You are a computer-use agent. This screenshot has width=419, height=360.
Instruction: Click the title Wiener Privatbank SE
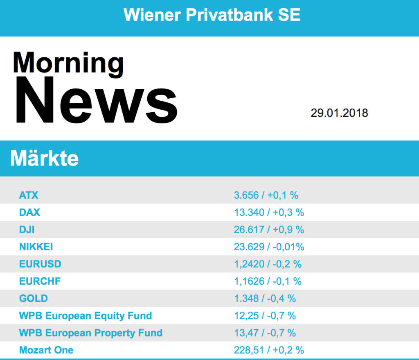[212, 15]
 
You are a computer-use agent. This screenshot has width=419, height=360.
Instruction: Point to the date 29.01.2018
[339, 113]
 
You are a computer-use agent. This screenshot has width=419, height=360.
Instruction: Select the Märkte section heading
[44, 158]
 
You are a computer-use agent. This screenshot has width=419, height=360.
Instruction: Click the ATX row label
[29, 195]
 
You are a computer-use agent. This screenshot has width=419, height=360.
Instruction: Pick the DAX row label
[29, 213]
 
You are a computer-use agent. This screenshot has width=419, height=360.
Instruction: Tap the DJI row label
[27, 230]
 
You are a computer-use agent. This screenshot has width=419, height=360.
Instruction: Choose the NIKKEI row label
[36, 247]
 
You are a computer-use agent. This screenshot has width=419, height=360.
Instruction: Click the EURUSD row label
[40, 264]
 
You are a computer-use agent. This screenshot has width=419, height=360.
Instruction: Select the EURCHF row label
[40, 281]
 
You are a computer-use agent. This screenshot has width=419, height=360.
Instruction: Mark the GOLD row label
[33, 299]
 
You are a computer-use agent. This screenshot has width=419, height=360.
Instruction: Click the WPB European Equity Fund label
[86, 316]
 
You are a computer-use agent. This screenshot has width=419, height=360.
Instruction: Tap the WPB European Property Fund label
[91, 333]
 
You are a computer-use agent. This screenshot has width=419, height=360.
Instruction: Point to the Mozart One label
[46, 350]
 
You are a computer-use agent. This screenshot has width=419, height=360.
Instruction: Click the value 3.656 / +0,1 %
[266, 195]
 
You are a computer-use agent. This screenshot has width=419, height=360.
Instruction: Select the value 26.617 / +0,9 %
[269, 230]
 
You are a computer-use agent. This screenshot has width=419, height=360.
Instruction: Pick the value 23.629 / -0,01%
[269, 247]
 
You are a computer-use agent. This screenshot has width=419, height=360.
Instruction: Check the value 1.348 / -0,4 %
[265, 299]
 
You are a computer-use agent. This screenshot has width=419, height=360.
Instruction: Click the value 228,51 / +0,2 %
[269, 350]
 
